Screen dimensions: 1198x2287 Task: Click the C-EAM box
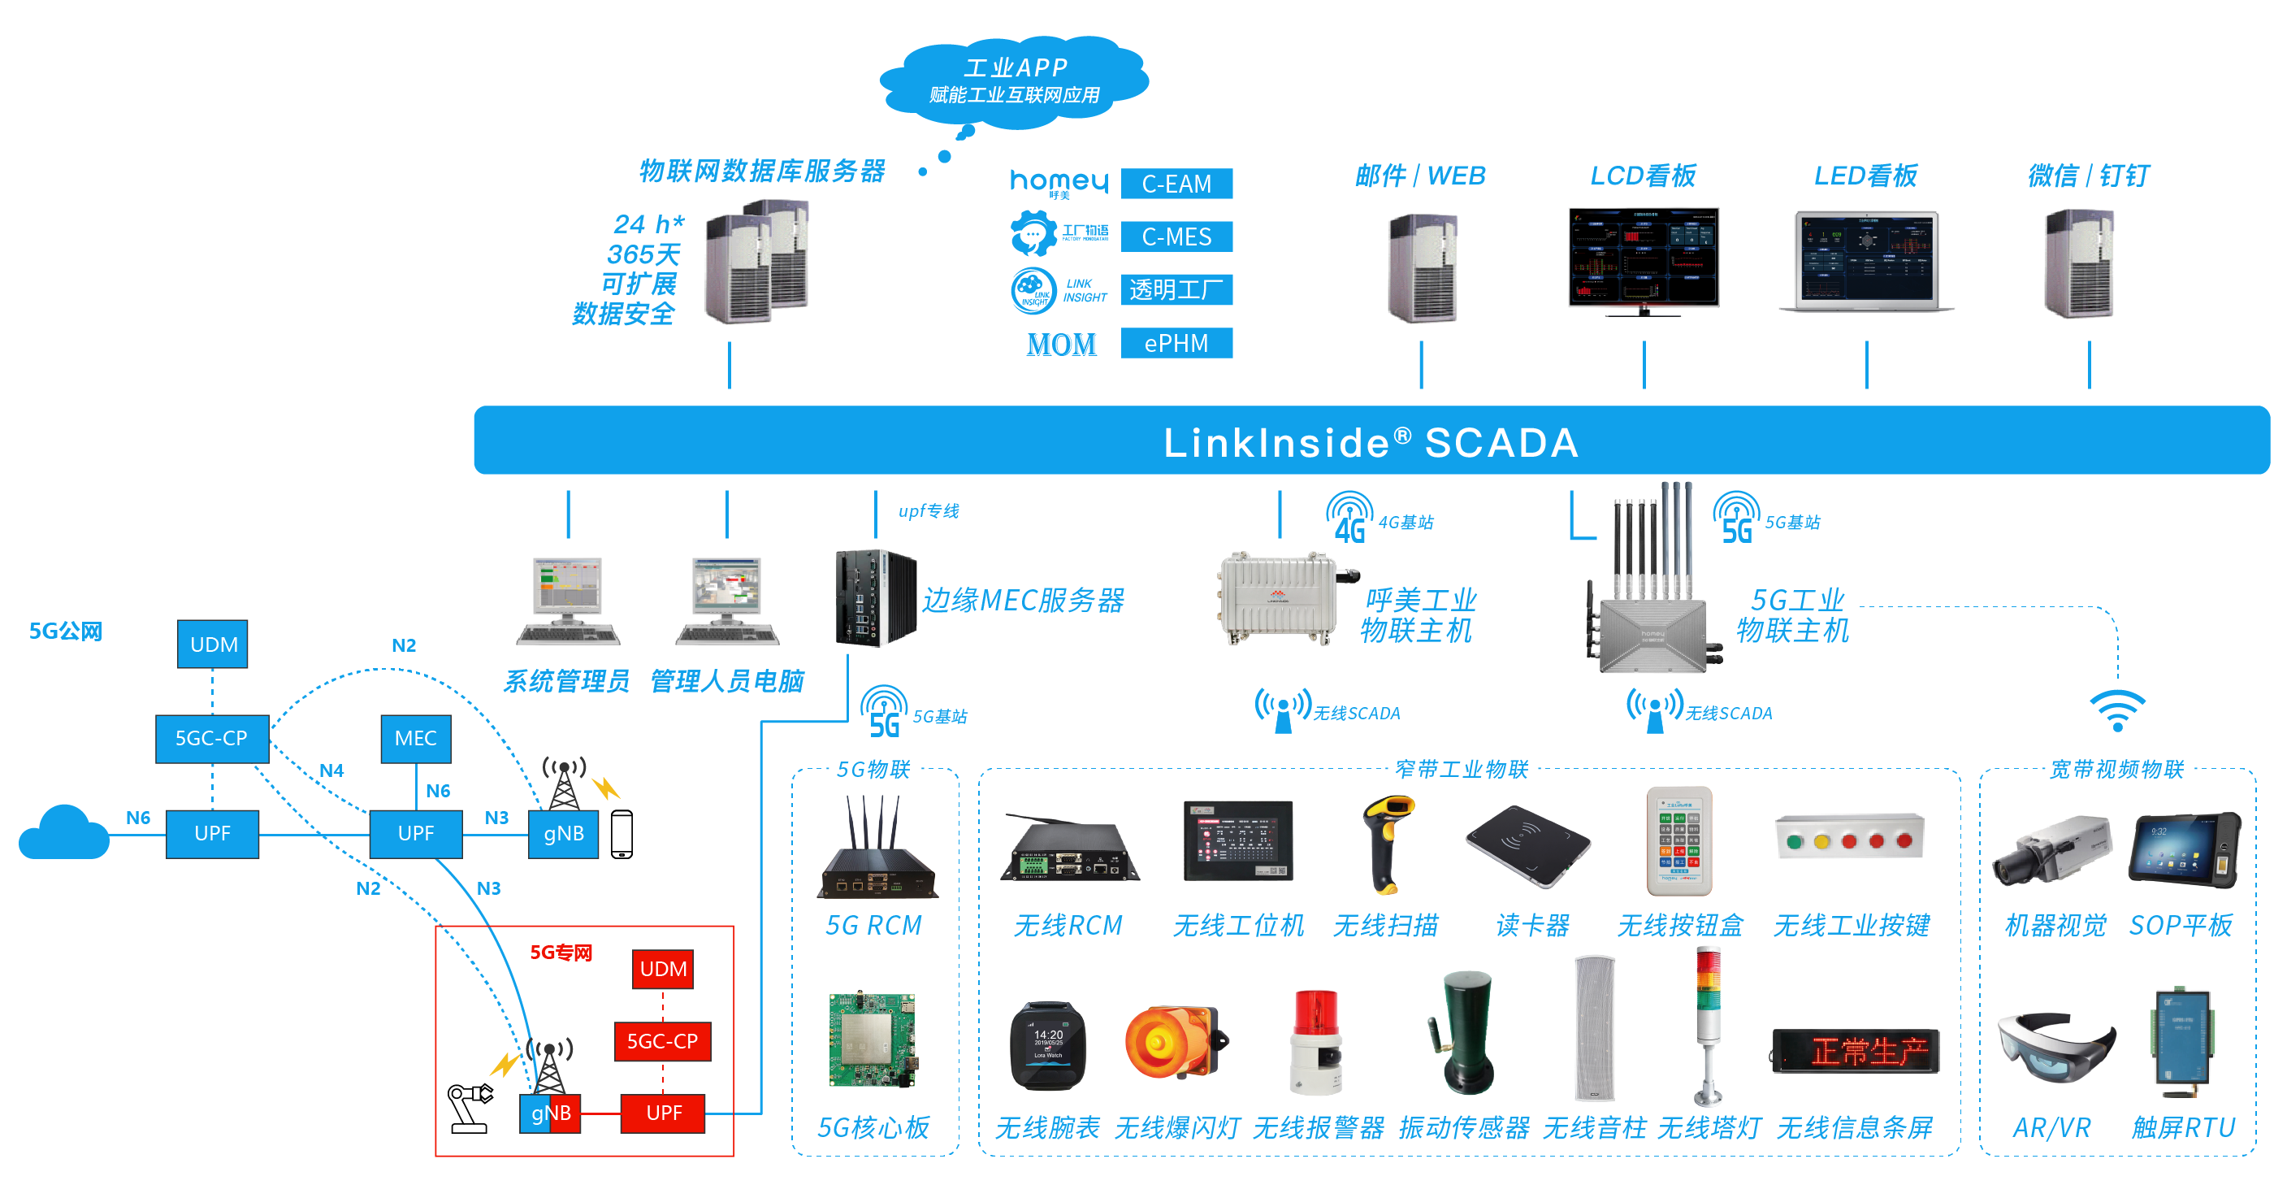point(1176,184)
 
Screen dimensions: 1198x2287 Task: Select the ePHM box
point(1176,343)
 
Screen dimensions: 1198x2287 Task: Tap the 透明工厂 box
point(1176,289)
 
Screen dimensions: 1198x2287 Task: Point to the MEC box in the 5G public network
point(415,738)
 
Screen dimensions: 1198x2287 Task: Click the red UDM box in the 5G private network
point(662,969)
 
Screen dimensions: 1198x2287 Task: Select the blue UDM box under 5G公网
point(212,644)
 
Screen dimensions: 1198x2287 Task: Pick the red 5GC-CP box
point(662,1041)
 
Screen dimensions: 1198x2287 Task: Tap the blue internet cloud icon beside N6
point(64,835)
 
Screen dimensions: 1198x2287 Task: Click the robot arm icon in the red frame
point(469,1108)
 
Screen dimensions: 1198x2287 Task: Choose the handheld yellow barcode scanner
point(1387,842)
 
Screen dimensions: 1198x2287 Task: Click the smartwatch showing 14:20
point(1047,1045)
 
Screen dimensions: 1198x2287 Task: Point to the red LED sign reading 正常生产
point(1856,1052)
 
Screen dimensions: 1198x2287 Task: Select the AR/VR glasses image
point(2055,1048)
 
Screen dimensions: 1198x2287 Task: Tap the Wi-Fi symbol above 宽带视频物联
point(2116,710)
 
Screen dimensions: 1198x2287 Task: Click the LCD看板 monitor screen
point(1644,258)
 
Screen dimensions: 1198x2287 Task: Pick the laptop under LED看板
point(1866,261)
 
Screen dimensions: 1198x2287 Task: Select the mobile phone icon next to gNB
point(622,834)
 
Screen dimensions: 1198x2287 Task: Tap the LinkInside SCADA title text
point(1371,442)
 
